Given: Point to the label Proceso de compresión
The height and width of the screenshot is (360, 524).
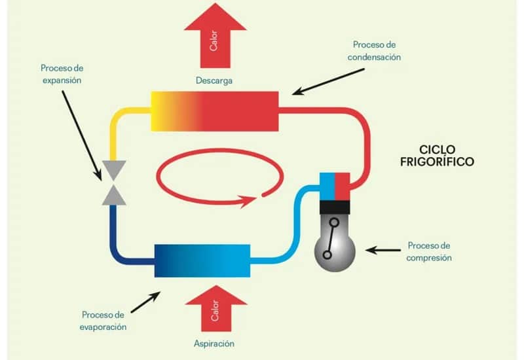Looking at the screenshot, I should point(430,252).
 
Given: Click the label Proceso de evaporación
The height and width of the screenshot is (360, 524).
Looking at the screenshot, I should point(104,321).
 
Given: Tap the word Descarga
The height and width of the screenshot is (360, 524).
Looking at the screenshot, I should point(214,81).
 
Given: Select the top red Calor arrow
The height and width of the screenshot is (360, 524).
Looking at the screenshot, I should point(214,36).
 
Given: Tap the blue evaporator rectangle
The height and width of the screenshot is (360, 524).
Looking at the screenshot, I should point(202,261).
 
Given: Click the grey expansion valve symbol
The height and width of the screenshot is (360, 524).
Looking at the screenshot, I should point(113,183).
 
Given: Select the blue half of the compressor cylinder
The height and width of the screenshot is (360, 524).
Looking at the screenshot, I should point(327,186).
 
